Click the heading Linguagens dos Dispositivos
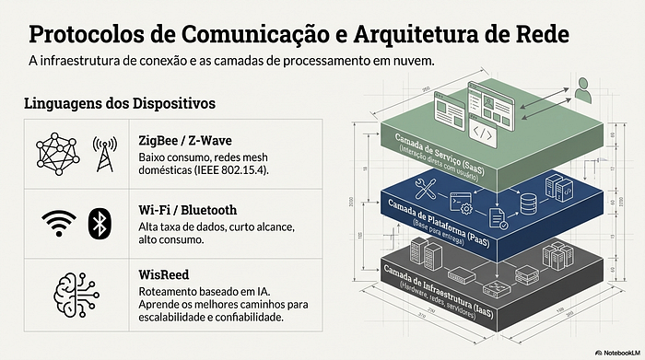pyautogui.click(x=121, y=104)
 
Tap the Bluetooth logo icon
pyautogui.click(x=99, y=222)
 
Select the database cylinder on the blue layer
pyautogui.click(x=528, y=199)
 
